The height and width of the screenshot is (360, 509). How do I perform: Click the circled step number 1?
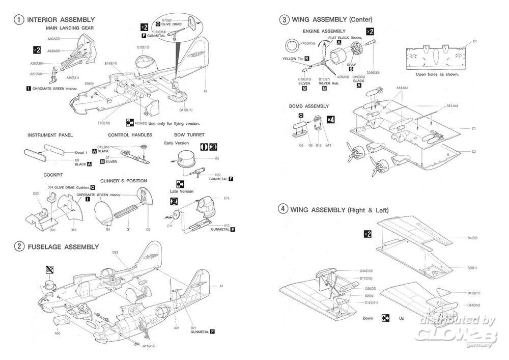pos(19,20)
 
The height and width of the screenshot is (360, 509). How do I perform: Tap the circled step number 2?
pos(19,246)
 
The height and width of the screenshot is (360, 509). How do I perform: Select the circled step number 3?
pos(284,20)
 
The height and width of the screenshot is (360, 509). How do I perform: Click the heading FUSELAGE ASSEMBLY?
pos(63,247)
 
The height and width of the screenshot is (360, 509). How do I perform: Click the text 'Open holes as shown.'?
pos(437,74)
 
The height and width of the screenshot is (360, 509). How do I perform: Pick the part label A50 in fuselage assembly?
pos(58,333)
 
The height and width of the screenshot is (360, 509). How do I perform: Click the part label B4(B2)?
pos(473,238)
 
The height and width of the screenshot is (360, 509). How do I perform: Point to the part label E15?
pos(227,198)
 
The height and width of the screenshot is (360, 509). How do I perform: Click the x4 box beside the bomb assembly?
pos(330,119)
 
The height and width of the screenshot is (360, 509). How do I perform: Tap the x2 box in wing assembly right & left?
pos(367,234)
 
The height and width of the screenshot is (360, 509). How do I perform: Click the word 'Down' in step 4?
pos(367,318)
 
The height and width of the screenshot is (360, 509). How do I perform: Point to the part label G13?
pos(328,145)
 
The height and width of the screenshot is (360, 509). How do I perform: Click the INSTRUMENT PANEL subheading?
pos(50,135)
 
